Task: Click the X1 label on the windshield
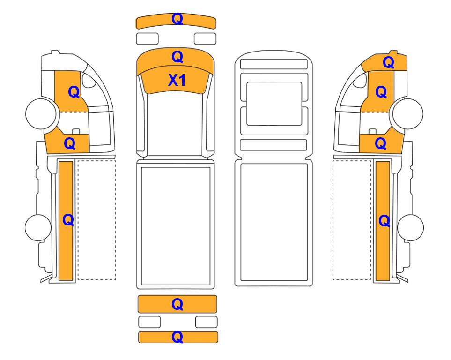(177, 80)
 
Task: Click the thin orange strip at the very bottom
(178, 337)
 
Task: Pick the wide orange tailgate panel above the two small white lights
(177, 304)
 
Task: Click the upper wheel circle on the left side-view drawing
(41, 113)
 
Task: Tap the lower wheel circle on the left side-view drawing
(38, 227)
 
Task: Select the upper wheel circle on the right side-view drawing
(408, 113)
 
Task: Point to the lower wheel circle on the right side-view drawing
(410, 227)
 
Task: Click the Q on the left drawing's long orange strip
(68, 220)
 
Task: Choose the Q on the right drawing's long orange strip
(384, 221)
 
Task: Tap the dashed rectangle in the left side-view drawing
(96, 220)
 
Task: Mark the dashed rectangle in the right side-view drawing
(352, 220)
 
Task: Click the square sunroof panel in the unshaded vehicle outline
(274, 104)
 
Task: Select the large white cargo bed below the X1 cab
(176, 226)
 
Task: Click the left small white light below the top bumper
(147, 38)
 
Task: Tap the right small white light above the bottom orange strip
(206, 322)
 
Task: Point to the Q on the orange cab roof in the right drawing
(388, 62)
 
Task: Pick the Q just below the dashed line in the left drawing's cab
(70, 143)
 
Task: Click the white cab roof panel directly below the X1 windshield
(176, 124)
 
